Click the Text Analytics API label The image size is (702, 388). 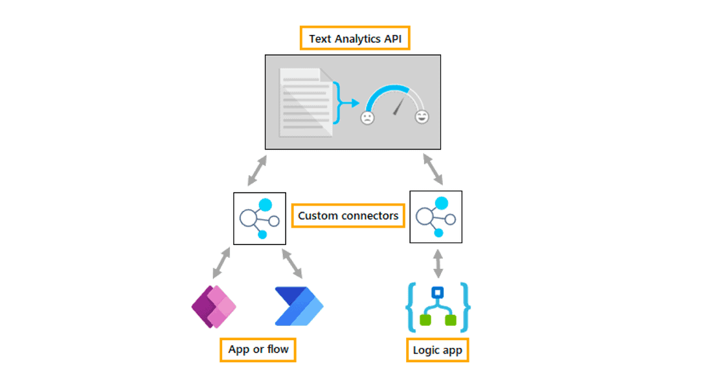355,39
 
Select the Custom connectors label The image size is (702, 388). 348,215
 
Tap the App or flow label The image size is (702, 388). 258,350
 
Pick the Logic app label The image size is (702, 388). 437,350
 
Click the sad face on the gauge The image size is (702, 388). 367,118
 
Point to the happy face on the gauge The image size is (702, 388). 422,117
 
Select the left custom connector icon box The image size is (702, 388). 260,218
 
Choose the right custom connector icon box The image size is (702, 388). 436,217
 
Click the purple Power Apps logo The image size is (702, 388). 214,306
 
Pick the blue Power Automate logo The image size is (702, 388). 299,306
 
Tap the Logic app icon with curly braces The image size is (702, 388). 437,307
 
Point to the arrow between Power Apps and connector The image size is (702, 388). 222,263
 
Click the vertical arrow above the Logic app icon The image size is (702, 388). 438,263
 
